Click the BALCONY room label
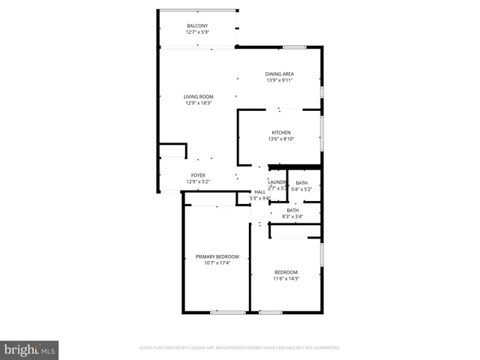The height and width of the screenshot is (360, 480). pyautogui.click(x=198, y=25)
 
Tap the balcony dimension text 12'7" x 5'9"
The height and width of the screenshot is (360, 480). pyautogui.click(x=198, y=32)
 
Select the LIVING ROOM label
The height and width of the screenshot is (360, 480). pyautogui.click(x=199, y=96)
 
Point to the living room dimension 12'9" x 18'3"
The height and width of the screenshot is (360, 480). pyautogui.click(x=199, y=103)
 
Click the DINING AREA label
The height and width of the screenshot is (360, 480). pyautogui.click(x=279, y=73)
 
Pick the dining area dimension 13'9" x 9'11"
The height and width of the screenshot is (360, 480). pyautogui.click(x=279, y=80)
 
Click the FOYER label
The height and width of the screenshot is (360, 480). pyautogui.click(x=198, y=175)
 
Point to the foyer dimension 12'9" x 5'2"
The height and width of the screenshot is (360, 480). pyautogui.click(x=198, y=181)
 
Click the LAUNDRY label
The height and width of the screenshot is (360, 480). pyautogui.click(x=277, y=182)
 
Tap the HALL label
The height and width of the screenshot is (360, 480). pyautogui.click(x=259, y=192)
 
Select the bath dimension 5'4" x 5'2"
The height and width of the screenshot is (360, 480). pyautogui.click(x=301, y=190)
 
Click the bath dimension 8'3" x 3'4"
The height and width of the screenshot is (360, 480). pyautogui.click(x=292, y=217)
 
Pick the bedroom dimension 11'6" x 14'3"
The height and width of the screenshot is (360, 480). pyautogui.click(x=286, y=278)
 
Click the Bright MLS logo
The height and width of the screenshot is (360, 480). pyautogui.click(x=30, y=349)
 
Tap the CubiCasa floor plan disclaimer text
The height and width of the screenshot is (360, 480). pyautogui.click(x=240, y=348)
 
